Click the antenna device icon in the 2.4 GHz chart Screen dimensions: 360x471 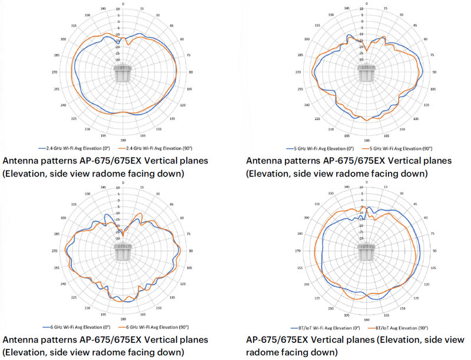coord(124,73)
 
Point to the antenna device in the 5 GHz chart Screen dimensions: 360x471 coord(366,72)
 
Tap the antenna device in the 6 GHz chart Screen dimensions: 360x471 coord(123,251)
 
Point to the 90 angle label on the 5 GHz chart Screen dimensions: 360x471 coord(435,72)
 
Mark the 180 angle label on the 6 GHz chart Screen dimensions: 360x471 coord(123,319)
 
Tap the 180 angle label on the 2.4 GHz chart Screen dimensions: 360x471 coord(123,140)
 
